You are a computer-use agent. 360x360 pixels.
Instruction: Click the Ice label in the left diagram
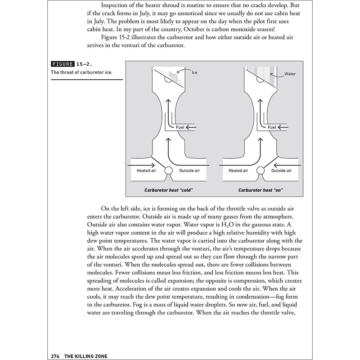coord(194,72)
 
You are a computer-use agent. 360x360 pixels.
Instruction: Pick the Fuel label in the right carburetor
coord(272,127)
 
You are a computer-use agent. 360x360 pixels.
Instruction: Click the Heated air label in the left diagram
coord(146,171)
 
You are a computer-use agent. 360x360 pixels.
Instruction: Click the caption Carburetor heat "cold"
coord(169,190)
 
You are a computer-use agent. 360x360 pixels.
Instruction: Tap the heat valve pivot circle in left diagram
coord(169,171)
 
